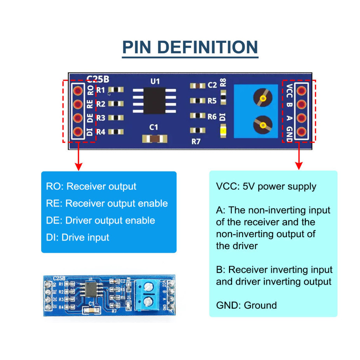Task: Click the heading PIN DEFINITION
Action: (x=190, y=47)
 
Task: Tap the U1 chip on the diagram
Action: (x=155, y=100)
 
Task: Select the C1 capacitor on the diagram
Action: (x=155, y=138)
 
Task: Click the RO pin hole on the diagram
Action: (x=78, y=91)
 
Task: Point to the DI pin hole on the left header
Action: (x=78, y=131)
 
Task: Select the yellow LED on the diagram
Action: (x=224, y=131)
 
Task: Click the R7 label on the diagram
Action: (x=196, y=142)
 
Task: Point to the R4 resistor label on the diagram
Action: (x=101, y=132)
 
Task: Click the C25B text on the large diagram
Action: (x=98, y=79)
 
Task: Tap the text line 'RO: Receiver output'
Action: (x=91, y=186)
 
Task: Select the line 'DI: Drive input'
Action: (x=78, y=237)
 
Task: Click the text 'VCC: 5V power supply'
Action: (x=266, y=186)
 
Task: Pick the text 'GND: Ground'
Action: (x=246, y=305)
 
